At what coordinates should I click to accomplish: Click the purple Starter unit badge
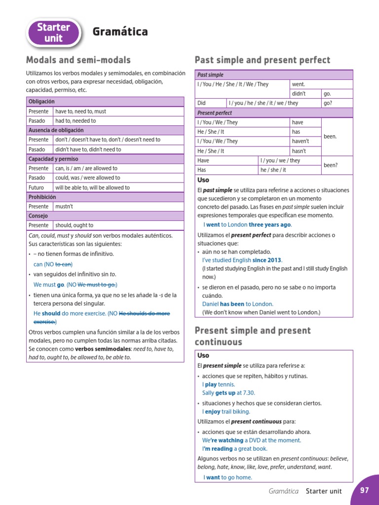pos(54,32)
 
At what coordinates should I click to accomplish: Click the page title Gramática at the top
pos(120,32)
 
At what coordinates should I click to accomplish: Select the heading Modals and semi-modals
pos(78,60)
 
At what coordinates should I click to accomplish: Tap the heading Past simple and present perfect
pos(263,60)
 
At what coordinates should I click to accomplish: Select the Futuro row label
pos(36,187)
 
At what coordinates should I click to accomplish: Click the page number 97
pos(365,490)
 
